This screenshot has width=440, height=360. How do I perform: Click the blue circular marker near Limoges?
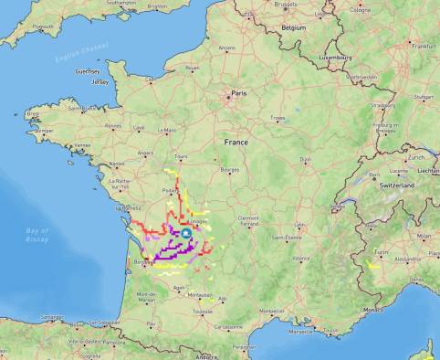[x=185, y=234]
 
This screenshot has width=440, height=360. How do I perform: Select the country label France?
[x=236, y=143]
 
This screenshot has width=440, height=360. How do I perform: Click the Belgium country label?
[x=293, y=28]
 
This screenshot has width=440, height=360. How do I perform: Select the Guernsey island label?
[x=88, y=70]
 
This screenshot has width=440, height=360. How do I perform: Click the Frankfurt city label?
[x=423, y=45]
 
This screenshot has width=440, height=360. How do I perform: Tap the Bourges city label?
[x=230, y=170]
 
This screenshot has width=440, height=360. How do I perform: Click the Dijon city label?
[x=306, y=160]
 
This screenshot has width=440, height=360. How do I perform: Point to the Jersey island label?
[x=100, y=81]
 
